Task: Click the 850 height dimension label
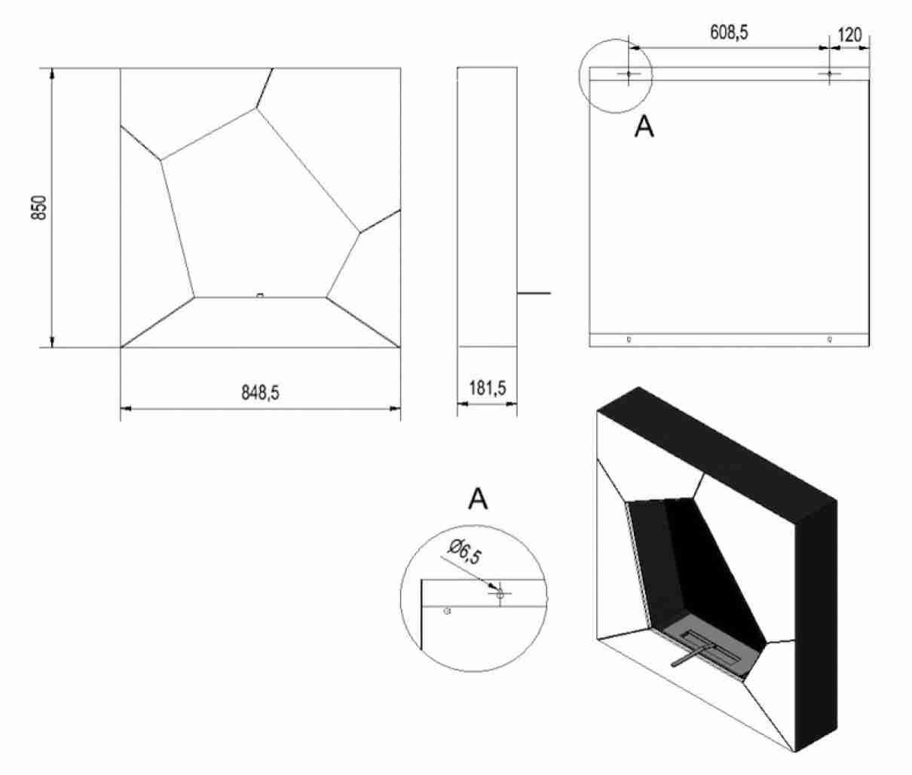coord(39,208)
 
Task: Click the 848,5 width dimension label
coord(260,392)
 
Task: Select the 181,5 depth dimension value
coord(488,389)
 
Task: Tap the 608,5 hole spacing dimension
coord(729,32)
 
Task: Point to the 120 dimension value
coord(849,35)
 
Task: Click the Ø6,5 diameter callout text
coord(464,552)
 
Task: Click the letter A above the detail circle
coord(478,499)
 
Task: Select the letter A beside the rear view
coord(644,127)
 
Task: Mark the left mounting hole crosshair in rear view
coord(629,74)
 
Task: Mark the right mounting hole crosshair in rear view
coord(830,74)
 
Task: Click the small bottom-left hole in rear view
coord(629,340)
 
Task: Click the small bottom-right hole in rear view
coord(830,340)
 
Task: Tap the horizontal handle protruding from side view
coord(534,293)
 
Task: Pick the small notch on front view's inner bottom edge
coord(260,295)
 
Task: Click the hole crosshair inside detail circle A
coord(500,594)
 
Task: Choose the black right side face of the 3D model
coord(816,626)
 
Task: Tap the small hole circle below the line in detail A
coord(448,611)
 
